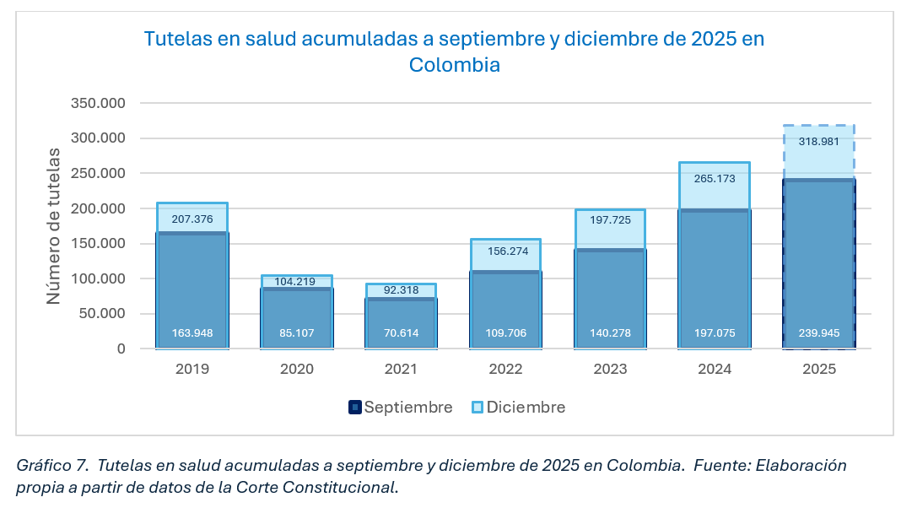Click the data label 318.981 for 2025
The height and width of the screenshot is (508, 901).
(x=818, y=142)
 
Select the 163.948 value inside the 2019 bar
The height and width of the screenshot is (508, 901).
(x=192, y=333)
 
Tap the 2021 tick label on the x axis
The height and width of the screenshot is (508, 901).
(x=401, y=369)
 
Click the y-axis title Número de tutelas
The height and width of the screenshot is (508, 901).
(x=54, y=226)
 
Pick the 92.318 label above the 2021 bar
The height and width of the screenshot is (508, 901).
(x=401, y=291)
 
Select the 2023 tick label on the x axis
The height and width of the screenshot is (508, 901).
(x=610, y=369)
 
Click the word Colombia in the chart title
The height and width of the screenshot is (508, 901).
(x=455, y=65)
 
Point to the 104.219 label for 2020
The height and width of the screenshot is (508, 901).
(x=296, y=282)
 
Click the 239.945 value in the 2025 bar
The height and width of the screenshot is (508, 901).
(x=818, y=333)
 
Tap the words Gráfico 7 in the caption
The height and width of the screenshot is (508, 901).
(x=51, y=466)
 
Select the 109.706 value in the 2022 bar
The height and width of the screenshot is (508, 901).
(x=505, y=333)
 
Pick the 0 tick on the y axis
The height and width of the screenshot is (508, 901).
(x=121, y=349)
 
